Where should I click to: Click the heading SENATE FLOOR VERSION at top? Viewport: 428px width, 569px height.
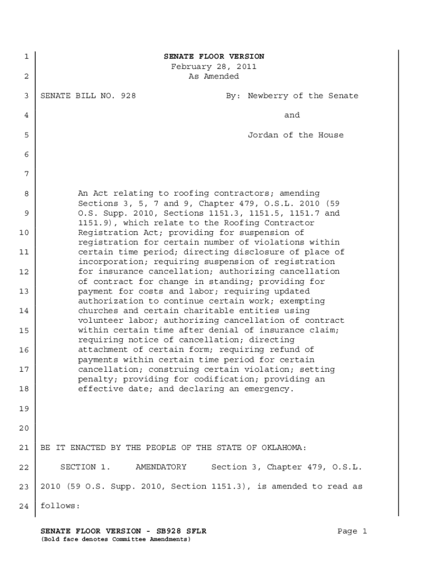[x=213, y=57]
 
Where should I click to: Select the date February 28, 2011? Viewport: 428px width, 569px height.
[x=213, y=67]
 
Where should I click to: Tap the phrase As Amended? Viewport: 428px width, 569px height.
[x=213, y=77]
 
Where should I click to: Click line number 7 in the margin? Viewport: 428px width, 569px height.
[x=26, y=174]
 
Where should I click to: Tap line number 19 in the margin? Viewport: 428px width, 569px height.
[x=24, y=409]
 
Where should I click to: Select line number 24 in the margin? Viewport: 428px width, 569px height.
[x=24, y=507]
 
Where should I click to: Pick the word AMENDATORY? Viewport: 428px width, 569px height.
[x=161, y=467]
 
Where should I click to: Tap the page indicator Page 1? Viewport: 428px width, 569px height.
[x=352, y=532]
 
